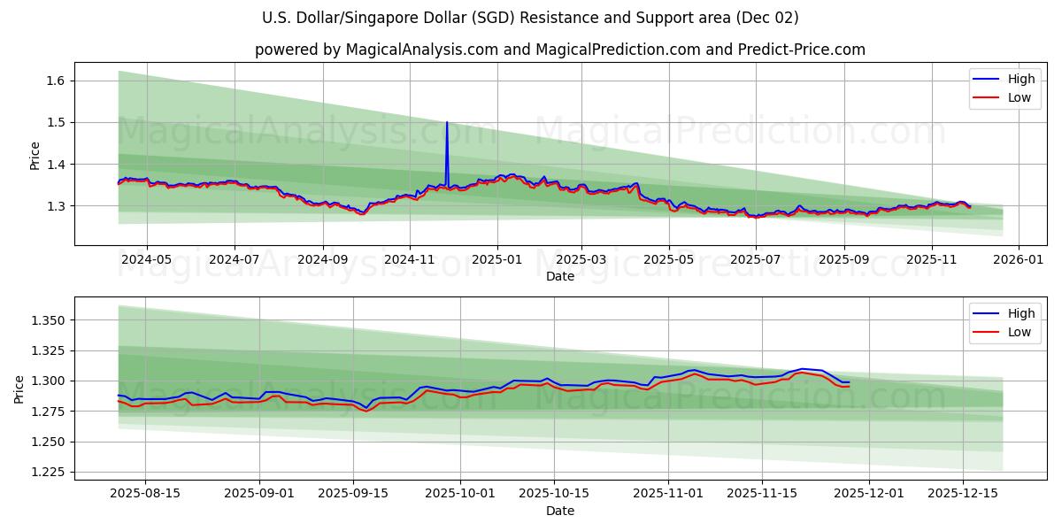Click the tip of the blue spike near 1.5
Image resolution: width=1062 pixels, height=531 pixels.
447,122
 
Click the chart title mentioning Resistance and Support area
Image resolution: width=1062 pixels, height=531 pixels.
530,18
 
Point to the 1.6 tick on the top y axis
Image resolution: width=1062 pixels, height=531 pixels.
57,81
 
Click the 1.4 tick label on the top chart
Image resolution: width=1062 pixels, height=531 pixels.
57,164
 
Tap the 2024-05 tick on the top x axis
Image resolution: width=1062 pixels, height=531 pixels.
146,259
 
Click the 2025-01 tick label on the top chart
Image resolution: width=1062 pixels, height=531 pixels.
496,259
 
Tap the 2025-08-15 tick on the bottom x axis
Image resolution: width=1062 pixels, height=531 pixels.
145,494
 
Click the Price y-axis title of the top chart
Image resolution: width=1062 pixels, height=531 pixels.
35,155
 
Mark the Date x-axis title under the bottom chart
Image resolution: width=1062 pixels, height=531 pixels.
559,511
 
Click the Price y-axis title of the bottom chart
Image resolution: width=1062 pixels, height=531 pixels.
19,389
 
